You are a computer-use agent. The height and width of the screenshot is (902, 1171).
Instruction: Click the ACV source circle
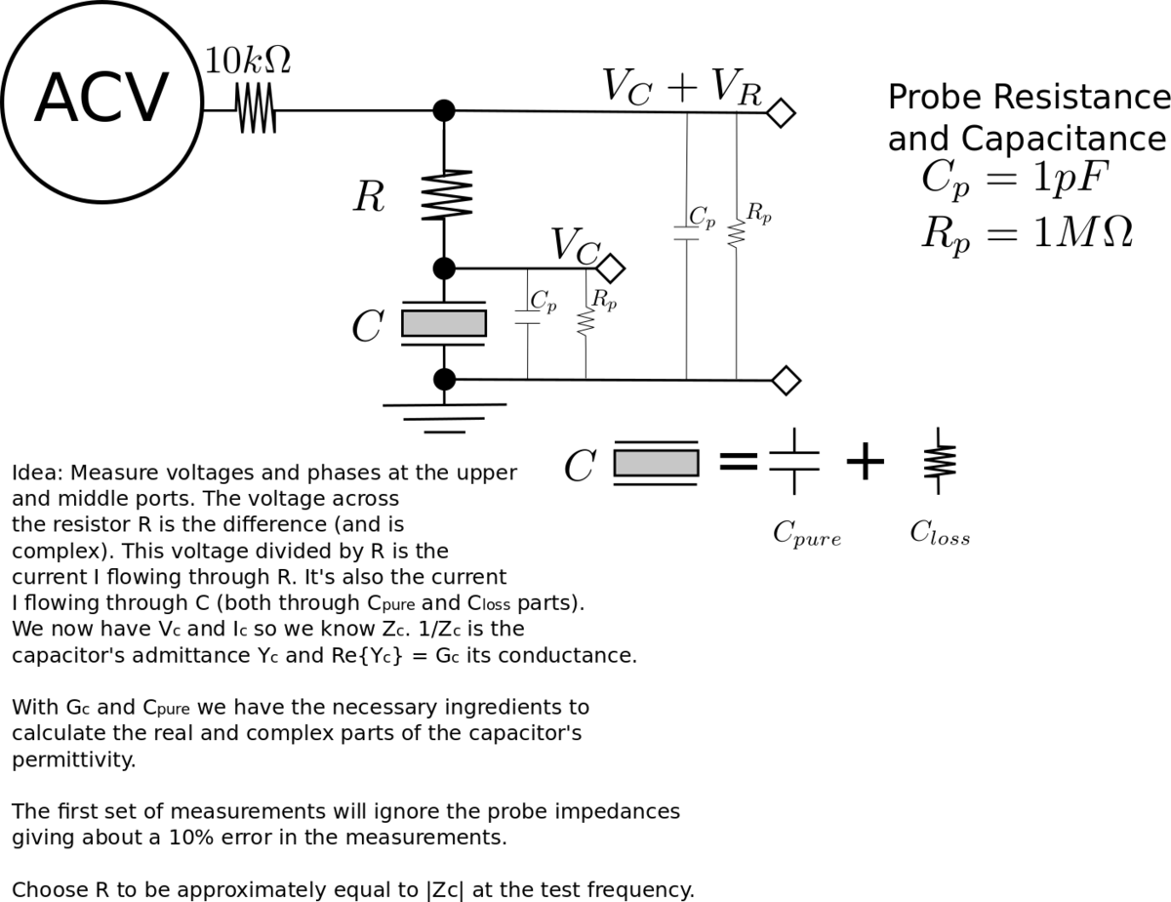(x=101, y=101)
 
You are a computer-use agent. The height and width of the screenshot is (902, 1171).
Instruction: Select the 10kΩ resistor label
(x=247, y=61)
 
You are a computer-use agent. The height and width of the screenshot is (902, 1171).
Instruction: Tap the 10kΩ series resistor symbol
(x=256, y=109)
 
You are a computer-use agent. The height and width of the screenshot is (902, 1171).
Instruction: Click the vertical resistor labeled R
(x=445, y=195)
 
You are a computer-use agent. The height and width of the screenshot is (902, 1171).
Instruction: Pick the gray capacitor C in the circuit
(x=444, y=323)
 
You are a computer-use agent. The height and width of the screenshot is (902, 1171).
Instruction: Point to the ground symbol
(x=444, y=416)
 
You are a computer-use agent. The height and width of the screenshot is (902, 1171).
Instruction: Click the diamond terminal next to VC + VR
(x=780, y=113)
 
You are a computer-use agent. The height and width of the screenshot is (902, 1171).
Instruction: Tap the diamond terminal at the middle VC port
(x=611, y=267)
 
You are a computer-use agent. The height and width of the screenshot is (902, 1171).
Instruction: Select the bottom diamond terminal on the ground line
(x=786, y=380)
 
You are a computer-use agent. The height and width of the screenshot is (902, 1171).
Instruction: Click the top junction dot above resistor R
(x=444, y=110)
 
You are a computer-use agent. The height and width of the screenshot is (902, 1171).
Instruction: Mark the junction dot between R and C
(x=444, y=267)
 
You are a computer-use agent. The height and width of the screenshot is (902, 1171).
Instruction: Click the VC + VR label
(x=680, y=86)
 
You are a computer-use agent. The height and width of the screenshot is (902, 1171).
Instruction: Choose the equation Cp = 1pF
(x=1014, y=180)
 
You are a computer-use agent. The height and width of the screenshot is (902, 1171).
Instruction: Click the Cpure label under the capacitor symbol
(x=806, y=534)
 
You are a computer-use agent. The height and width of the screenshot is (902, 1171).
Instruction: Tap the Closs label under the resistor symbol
(x=940, y=533)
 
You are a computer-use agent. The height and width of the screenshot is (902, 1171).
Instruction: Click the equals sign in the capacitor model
(x=738, y=462)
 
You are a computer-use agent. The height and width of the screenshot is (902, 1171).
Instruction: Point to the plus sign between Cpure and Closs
(x=865, y=462)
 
